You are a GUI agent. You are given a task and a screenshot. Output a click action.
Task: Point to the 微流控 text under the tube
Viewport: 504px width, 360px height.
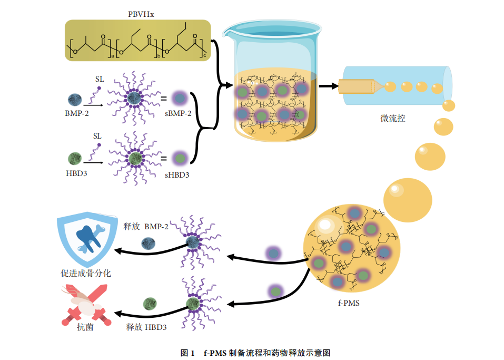tap(392, 119)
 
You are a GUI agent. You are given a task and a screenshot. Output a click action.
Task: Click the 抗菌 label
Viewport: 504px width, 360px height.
tap(85, 327)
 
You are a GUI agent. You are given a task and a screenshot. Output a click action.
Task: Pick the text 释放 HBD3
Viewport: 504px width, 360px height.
tap(146, 327)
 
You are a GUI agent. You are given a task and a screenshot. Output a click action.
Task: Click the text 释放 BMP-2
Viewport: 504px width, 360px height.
tap(146, 226)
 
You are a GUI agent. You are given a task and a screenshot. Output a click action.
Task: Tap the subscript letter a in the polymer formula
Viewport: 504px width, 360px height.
tap(112, 56)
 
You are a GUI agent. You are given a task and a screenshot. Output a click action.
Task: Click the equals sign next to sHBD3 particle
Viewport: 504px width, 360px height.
tap(164, 158)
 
